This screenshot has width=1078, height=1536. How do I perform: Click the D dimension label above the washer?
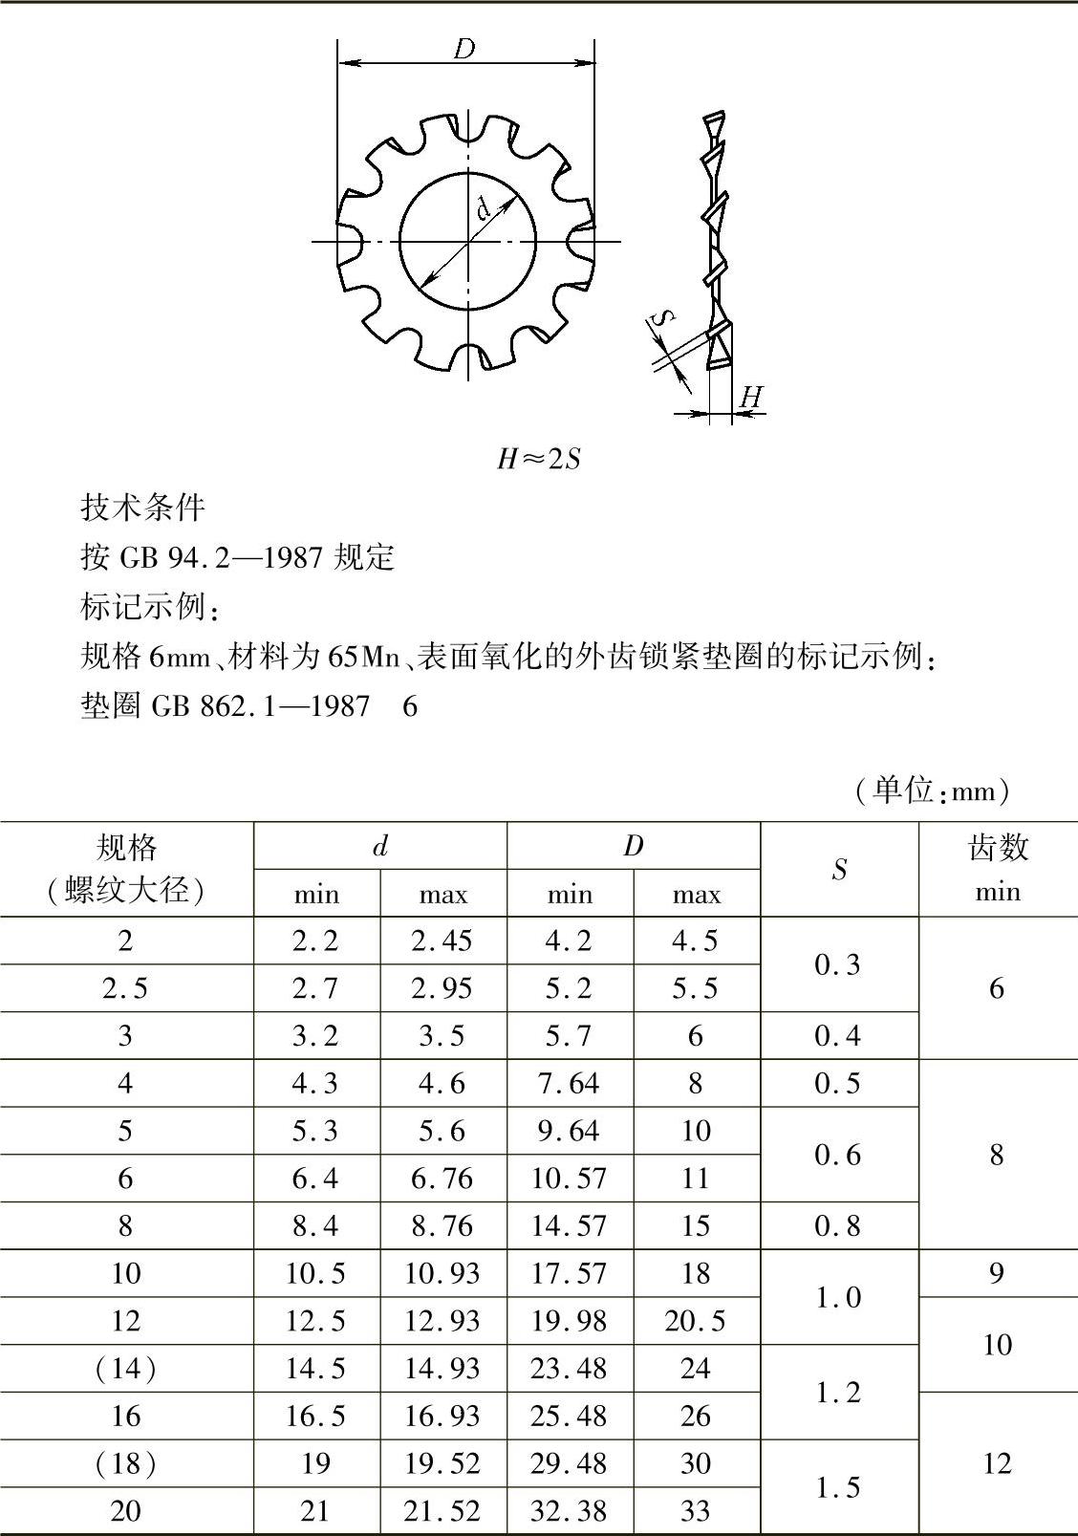pos(464,48)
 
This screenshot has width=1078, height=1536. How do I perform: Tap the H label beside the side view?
pos(752,397)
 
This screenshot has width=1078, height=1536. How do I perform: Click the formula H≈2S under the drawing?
pos(538,460)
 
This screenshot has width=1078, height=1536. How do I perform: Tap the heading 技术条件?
pos(142,507)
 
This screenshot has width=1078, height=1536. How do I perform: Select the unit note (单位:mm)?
pos(932,790)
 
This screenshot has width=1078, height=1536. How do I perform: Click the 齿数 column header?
pos(997,847)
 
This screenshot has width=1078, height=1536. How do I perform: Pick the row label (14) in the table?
pos(125,1369)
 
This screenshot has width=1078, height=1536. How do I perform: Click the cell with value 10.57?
pos(569,1179)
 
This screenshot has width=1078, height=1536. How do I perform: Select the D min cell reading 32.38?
pos(569,1511)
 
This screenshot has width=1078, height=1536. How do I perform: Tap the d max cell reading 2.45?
pos(442,941)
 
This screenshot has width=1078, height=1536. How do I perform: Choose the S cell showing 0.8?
pos(838,1226)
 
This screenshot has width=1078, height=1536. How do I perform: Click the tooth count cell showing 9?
pos(996,1273)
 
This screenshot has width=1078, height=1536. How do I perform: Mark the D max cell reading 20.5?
pos(695,1321)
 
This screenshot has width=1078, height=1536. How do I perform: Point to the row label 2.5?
pos(125,988)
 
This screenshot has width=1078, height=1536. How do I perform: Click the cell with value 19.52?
pos(442,1463)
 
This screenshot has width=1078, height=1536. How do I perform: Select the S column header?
pos(839,870)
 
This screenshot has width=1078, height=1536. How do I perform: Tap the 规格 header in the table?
pos(126,847)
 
